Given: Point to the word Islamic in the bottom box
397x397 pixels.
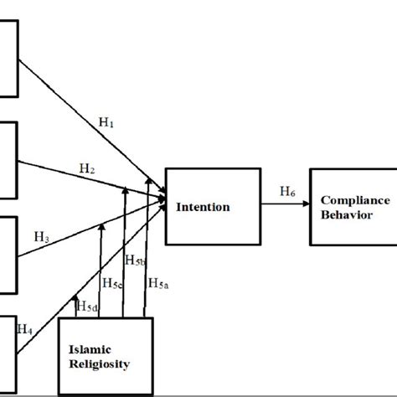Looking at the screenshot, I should [94, 348].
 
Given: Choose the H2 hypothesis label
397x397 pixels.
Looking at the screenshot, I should [87, 168].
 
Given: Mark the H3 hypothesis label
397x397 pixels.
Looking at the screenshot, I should [43, 239].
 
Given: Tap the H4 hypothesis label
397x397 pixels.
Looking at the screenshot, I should [25, 329].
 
